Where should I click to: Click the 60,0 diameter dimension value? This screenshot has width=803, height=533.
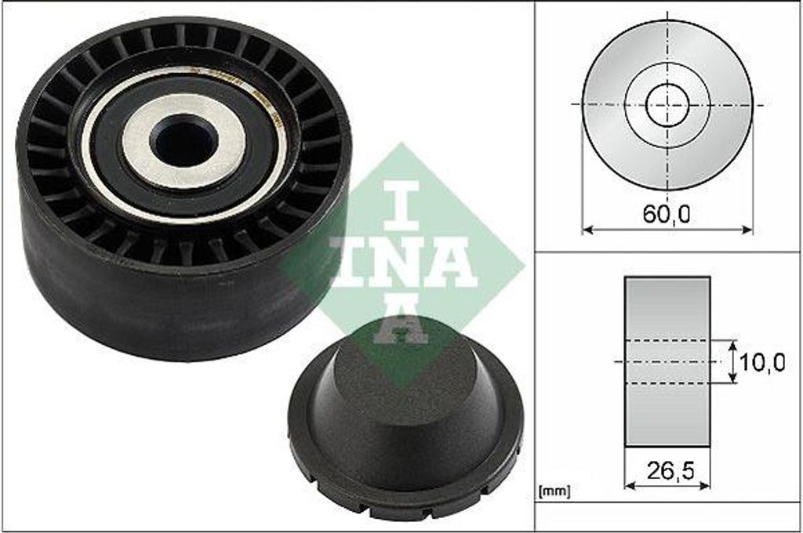[x=667, y=214]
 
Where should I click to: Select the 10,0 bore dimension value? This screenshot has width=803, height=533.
[x=763, y=362]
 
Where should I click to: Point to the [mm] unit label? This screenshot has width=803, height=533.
[x=554, y=491]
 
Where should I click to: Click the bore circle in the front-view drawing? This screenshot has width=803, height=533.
[x=667, y=104]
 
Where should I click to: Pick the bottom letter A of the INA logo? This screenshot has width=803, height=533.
[x=401, y=322]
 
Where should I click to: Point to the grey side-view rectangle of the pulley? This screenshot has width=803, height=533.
[x=667, y=314]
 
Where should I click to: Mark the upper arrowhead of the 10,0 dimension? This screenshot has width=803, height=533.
[x=733, y=345]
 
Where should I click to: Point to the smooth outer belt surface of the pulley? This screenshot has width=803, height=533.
[x=157, y=306]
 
